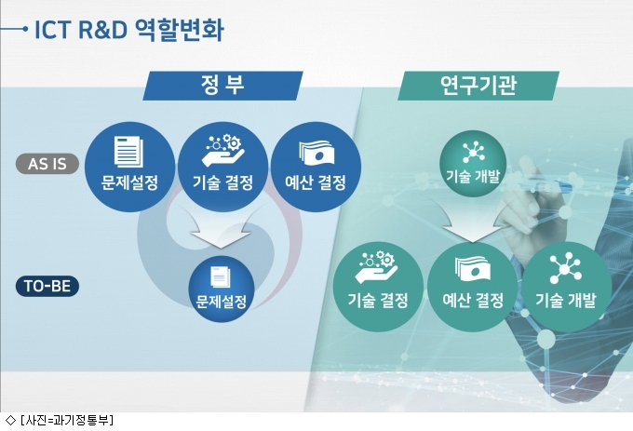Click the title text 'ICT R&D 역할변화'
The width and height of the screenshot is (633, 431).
click(x=129, y=30)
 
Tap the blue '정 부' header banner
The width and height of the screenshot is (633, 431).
click(x=222, y=86)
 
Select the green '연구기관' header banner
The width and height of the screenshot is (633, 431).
click(x=478, y=86)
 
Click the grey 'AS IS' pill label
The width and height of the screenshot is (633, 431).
click(x=47, y=164)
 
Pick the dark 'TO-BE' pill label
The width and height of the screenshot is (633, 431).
click(x=47, y=286)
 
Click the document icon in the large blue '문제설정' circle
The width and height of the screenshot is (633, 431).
click(x=128, y=152)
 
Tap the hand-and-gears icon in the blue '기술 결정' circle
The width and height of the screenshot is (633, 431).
click(x=222, y=150)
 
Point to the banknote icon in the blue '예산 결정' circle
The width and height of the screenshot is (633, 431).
click(x=316, y=153)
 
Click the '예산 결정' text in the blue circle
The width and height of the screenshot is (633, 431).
click(x=316, y=182)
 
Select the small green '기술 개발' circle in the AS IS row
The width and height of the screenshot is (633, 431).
click(x=473, y=164)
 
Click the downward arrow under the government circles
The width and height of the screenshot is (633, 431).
click(x=221, y=228)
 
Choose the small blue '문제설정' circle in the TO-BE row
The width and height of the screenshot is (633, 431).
click(x=222, y=289)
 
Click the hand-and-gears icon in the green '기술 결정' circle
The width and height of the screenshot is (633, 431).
click(x=376, y=267)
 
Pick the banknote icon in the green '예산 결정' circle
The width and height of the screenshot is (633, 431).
click(x=472, y=269)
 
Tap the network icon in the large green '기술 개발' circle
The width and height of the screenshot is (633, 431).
click(x=566, y=267)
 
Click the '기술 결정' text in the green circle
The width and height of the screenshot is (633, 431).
click(x=378, y=301)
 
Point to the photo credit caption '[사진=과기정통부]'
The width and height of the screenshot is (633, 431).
click(x=67, y=420)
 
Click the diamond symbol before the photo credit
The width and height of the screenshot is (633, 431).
click(x=9, y=420)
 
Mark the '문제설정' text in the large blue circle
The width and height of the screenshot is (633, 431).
click(x=129, y=182)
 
